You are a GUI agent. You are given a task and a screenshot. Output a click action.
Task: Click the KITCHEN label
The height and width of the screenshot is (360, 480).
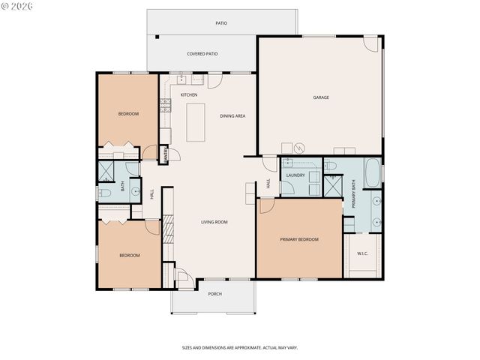(x=189, y=94)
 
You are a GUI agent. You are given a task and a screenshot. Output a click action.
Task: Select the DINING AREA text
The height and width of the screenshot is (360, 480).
(x=232, y=115)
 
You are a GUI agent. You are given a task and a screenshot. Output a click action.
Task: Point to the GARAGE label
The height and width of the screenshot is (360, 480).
(x=321, y=97)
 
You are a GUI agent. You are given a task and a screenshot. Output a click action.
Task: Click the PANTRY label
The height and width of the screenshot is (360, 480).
(x=166, y=154)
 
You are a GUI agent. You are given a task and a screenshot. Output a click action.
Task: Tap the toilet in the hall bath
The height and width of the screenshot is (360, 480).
(x=104, y=193)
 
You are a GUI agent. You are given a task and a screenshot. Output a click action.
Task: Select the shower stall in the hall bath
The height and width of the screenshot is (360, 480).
(x=106, y=170)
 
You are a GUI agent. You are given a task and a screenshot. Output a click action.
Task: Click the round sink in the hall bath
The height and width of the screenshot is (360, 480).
(x=136, y=191)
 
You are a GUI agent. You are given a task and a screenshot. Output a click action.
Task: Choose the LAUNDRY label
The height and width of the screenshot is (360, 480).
(x=295, y=175)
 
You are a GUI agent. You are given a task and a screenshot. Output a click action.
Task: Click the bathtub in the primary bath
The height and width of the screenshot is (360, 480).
(x=373, y=172)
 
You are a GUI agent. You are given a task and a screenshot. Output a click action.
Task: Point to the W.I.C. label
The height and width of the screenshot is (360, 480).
(x=362, y=253)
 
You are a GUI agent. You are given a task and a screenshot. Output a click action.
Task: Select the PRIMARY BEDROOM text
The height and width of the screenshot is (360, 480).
(x=299, y=239)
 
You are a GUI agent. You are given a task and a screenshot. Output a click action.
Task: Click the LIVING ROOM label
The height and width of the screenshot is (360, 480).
(x=214, y=222)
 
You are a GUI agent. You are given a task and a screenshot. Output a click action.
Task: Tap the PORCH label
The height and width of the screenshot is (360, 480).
(x=214, y=294)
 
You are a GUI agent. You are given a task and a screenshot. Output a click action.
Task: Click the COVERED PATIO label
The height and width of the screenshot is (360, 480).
(x=202, y=54)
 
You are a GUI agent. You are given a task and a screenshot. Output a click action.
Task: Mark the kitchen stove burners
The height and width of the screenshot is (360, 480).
(x=163, y=106)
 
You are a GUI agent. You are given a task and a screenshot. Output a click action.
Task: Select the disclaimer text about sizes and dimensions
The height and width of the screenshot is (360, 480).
(x=239, y=347)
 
